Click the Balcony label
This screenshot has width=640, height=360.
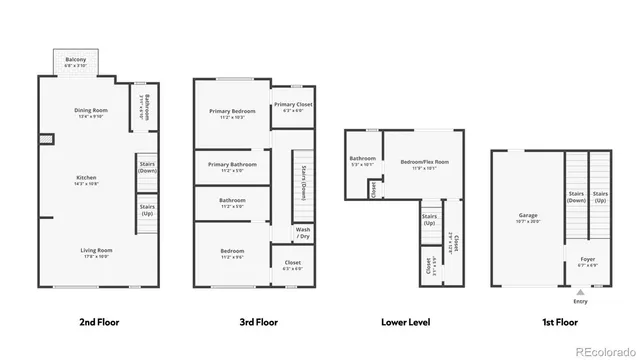(77, 60)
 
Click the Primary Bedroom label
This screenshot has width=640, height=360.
(232, 111)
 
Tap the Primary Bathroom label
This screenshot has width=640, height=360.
(232, 164)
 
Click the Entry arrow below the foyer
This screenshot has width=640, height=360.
(580, 292)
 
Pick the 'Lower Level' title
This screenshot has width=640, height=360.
(406, 322)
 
